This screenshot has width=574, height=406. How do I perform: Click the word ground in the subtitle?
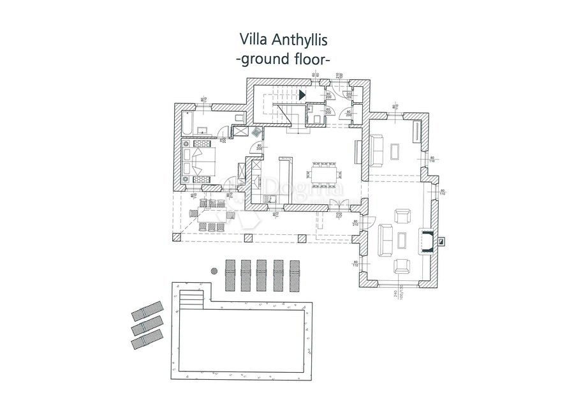coord(263,60)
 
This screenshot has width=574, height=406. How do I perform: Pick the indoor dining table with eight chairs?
coord(327,173)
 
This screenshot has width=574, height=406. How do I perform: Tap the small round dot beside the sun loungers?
coord(214,271)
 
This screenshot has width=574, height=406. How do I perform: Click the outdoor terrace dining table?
coord(211,214)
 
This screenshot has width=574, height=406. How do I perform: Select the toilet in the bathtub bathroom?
coord(239,117)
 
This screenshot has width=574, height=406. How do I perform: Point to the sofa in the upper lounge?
coord(378,149)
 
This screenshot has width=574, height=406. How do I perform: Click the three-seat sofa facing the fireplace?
coord(385,241)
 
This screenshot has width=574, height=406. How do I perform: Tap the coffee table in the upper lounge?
coord(396,151)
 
